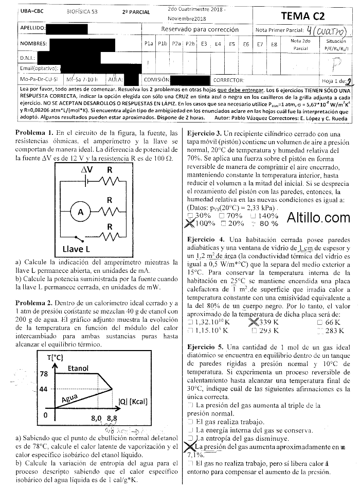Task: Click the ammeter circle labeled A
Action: click(x=80, y=212)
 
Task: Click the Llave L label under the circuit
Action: click(x=77, y=249)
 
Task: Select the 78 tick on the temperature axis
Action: click(x=43, y=374)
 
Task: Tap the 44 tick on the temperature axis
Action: click(x=43, y=389)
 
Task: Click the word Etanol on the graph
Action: click(x=78, y=369)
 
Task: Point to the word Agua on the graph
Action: click(x=69, y=399)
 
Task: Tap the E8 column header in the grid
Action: click(x=274, y=44)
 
